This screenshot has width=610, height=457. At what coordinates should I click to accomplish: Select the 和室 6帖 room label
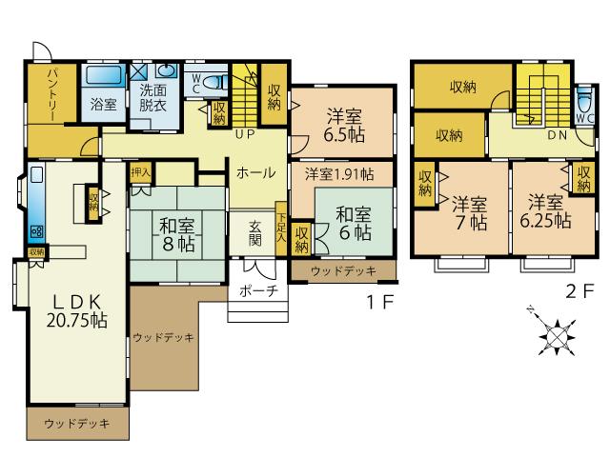click(x=354, y=223)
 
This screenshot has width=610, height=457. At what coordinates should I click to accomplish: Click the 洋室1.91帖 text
click(x=339, y=174)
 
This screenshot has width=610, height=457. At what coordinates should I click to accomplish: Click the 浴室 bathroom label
click(x=104, y=105)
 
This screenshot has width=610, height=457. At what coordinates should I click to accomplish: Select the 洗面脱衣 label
click(x=152, y=98)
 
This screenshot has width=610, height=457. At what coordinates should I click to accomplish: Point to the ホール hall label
click(x=255, y=173)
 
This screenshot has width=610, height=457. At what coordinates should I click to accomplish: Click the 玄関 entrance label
click(x=256, y=233)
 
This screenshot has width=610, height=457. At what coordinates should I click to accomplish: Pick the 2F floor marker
click(x=579, y=293)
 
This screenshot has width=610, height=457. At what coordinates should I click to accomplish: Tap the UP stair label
click(x=244, y=134)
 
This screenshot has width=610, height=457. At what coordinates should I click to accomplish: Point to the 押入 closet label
click(x=140, y=172)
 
